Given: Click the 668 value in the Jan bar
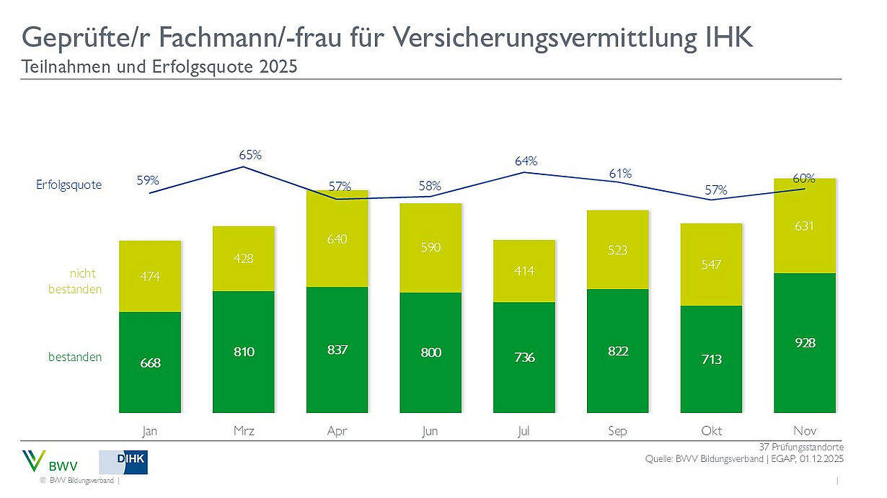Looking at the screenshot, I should [150, 363].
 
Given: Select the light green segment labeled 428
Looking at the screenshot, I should [244, 258].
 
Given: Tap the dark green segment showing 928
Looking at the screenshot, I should [805, 343].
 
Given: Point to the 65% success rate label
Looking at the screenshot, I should [250, 154].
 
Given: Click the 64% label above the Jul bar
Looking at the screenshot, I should [526, 161].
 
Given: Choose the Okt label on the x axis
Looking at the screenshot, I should [712, 431].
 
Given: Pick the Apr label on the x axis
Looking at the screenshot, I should [337, 431].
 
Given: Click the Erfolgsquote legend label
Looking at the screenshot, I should [69, 184].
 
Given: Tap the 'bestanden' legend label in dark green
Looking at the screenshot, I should [75, 357].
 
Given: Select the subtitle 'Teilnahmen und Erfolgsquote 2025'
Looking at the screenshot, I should [159, 67].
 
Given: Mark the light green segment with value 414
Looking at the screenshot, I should [524, 271].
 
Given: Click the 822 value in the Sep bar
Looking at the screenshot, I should [618, 351].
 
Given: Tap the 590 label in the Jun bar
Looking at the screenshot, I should [431, 247].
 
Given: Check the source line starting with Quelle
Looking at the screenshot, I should [744, 459].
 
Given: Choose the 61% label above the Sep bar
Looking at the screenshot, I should [619, 174].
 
